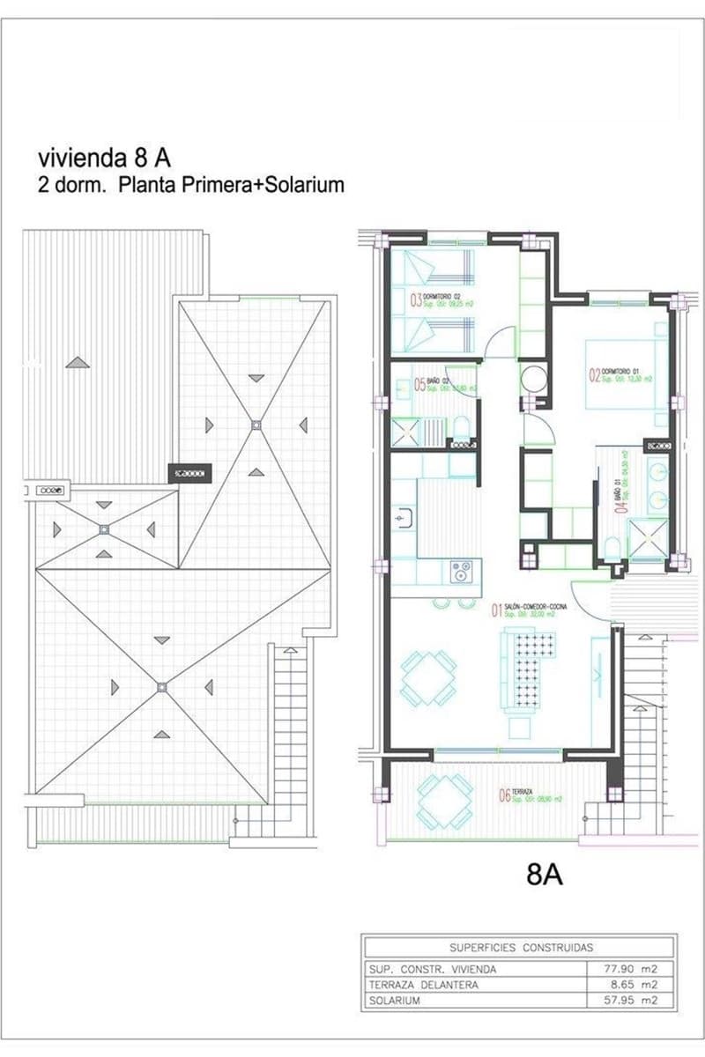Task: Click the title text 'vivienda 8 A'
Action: [x=104, y=158]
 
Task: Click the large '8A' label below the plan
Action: [x=545, y=874]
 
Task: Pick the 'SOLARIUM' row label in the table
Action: [x=396, y=1002]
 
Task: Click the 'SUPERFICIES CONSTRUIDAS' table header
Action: [x=521, y=948]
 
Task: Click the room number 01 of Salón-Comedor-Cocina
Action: [x=496, y=610]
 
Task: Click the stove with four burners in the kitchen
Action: [x=461, y=571]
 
